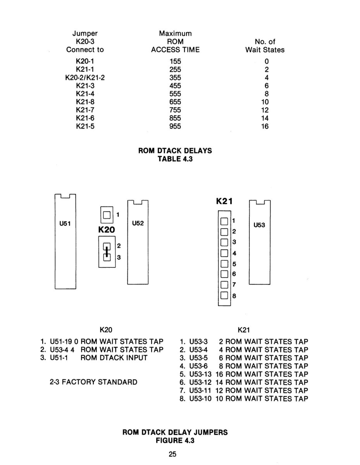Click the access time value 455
point(175,86)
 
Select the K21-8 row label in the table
point(85,102)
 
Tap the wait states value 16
point(265,126)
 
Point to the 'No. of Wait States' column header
point(265,46)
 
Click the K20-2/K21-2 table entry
point(85,77)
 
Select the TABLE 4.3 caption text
point(175,159)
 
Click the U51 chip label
point(65,224)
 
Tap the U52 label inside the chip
point(138,223)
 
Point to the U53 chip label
point(259,225)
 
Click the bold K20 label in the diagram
point(107,230)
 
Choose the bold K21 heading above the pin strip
point(224,201)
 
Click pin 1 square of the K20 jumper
point(107,215)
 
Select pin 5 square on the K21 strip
point(224,263)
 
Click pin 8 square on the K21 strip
point(224,295)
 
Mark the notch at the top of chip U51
point(65,196)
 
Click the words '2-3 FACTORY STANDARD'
point(93,382)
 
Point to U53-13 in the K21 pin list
point(200,374)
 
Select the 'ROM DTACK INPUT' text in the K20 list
point(114,358)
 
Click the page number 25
point(172,454)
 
